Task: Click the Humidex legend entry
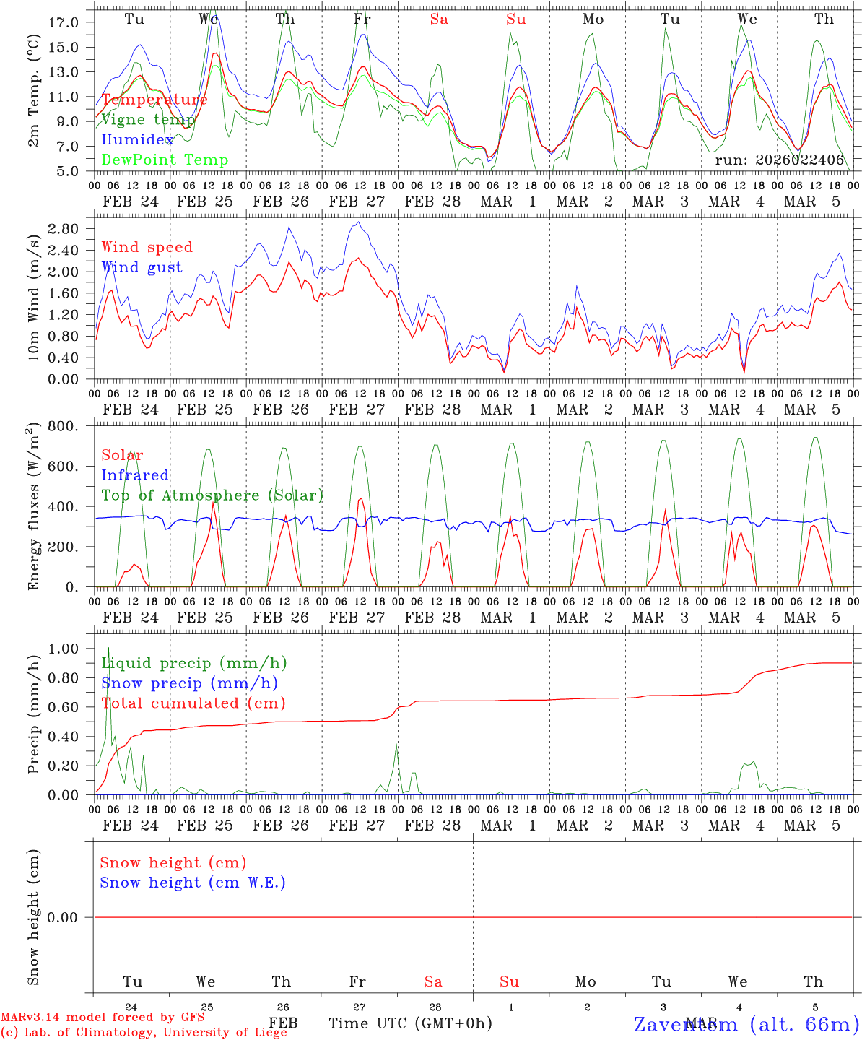coord(137,140)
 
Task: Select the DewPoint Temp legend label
coord(165,160)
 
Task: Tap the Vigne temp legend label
coord(148,120)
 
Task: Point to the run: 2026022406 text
coord(779,160)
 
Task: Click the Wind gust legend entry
coord(142,267)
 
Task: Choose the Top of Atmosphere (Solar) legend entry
coord(212,495)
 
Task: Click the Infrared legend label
coord(135,475)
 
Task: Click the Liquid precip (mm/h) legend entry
coord(194,663)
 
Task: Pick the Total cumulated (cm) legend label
coord(193,703)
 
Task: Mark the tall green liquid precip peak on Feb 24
coord(108,649)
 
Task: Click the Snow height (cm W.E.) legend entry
coord(193,883)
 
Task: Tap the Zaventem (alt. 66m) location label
coord(746,1024)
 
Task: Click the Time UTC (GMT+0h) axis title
coord(411,1023)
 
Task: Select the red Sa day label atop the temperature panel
coord(439,19)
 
